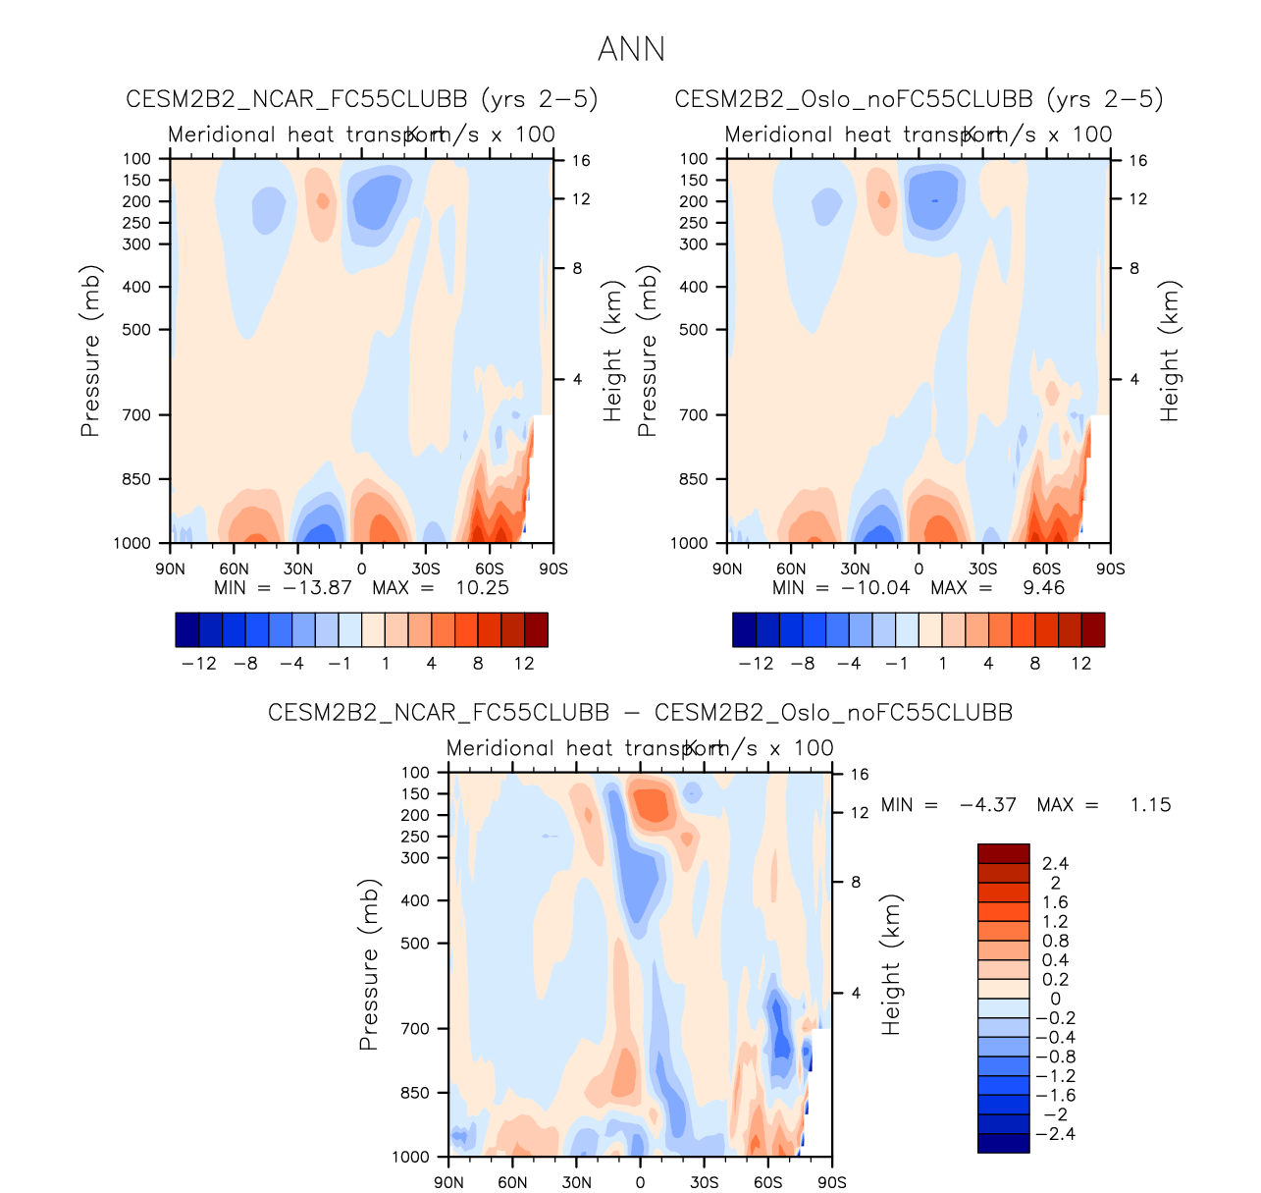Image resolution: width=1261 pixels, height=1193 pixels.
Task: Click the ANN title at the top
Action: point(631,49)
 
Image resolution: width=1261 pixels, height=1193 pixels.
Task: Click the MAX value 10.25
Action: point(482,587)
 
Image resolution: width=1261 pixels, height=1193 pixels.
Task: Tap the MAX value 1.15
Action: point(1150,805)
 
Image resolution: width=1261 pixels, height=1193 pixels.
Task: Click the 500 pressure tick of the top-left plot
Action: point(136,330)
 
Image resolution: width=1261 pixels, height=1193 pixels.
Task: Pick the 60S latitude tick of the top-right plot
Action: point(1046,569)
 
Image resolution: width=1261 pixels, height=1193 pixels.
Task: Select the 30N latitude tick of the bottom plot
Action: point(576,1182)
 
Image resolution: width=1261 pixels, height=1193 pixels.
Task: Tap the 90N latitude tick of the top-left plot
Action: point(170,569)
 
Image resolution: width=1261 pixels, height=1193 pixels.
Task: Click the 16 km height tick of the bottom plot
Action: point(860,775)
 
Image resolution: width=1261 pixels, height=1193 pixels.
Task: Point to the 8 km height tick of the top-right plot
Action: point(1134,268)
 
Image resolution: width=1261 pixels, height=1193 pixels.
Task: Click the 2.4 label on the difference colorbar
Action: point(1055,864)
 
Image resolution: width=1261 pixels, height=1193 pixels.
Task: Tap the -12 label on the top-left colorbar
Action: point(199,664)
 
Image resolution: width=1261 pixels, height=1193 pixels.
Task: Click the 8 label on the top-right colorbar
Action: point(1034,664)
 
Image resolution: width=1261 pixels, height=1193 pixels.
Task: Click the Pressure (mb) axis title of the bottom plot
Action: point(369,964)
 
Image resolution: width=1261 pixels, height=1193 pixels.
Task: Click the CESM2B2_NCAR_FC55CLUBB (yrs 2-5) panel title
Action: point(362,99)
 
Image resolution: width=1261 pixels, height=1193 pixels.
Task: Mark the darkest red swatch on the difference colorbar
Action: point(1003,853)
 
